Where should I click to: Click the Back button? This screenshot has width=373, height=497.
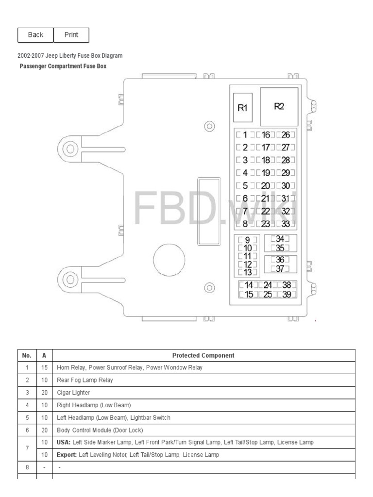35,35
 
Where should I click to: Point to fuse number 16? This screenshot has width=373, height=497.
266,135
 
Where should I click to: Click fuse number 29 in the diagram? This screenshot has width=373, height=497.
286,173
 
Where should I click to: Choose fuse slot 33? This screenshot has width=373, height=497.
286,224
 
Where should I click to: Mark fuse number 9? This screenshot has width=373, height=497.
247,240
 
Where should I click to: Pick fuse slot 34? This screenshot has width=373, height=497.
280,239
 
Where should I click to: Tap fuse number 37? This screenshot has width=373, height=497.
280,268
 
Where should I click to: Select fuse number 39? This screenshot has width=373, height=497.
287,295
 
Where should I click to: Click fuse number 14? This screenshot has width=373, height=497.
249,286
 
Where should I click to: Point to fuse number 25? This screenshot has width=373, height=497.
267,295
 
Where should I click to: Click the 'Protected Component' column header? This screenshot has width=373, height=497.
203,355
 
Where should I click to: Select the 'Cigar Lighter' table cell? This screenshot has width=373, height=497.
73,392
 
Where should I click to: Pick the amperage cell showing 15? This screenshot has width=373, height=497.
44,367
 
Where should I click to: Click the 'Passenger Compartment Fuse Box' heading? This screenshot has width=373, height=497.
63,66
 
